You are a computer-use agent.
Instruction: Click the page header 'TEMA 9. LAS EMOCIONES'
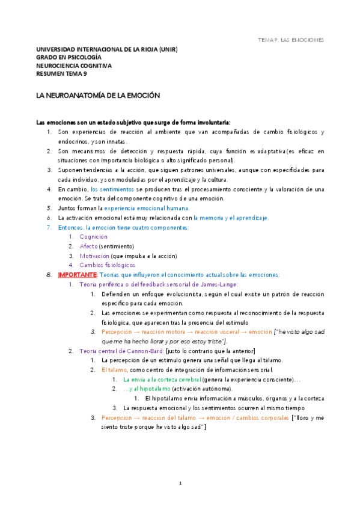(x=290, y=40)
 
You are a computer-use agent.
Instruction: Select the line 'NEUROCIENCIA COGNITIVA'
(x=74, y=66)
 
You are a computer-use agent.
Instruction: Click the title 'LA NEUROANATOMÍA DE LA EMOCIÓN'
(x=97, y=95)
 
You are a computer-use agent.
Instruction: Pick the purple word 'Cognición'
(x=93, y=237)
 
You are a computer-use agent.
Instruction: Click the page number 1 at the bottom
(x=180, y=483)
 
